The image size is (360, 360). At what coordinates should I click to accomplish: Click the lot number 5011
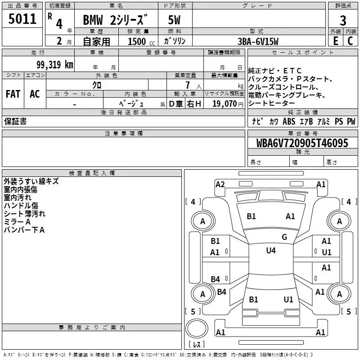coord(22,19)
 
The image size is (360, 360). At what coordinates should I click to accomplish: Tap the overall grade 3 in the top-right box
coord(343,21)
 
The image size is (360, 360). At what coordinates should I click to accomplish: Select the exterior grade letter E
coord(335,41)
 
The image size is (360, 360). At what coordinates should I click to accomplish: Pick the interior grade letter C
coord(350,41)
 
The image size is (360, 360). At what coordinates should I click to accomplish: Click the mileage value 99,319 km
coord(55,65)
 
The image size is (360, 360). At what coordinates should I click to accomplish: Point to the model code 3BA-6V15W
coord(258,41)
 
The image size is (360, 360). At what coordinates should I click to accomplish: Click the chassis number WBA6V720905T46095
coord(302,143)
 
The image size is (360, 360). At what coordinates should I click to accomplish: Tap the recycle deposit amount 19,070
coord(225,103)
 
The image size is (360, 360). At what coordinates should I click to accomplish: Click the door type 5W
coord(174,20)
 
